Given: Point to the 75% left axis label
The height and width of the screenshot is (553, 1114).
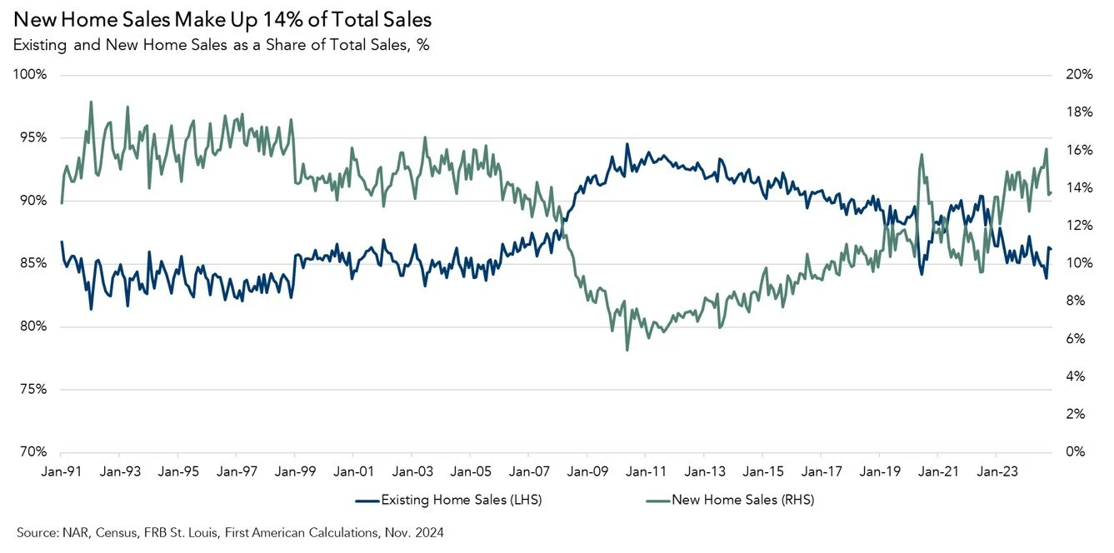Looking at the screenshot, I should point(32,390).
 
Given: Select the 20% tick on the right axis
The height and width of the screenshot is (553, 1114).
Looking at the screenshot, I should point(1078,75).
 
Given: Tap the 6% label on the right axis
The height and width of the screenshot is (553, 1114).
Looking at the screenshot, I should point(1075,339).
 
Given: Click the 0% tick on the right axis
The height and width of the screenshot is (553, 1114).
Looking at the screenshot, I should point(1075,452).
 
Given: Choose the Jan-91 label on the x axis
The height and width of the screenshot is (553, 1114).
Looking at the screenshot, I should point(61,471).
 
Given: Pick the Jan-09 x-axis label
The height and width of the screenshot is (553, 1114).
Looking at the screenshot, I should point(587,471).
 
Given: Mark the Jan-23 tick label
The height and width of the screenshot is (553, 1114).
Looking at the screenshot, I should point(996,471).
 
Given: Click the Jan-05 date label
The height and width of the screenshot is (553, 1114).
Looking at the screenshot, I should point(470,471).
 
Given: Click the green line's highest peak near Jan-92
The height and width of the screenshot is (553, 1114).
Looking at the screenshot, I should point(91,102).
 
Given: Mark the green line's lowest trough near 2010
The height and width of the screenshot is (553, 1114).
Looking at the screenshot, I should point(627,349).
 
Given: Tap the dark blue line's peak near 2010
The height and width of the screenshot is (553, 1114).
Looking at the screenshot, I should point(627,144).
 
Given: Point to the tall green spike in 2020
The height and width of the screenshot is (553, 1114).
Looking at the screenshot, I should point(922,154).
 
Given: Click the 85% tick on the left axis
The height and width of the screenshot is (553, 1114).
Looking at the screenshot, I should point(32,264).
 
